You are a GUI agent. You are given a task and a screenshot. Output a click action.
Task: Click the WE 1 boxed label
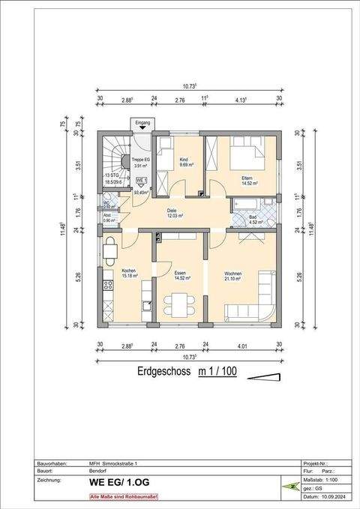(x=140, y=181)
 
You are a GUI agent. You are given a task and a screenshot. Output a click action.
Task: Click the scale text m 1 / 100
(x=217, y=371)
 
